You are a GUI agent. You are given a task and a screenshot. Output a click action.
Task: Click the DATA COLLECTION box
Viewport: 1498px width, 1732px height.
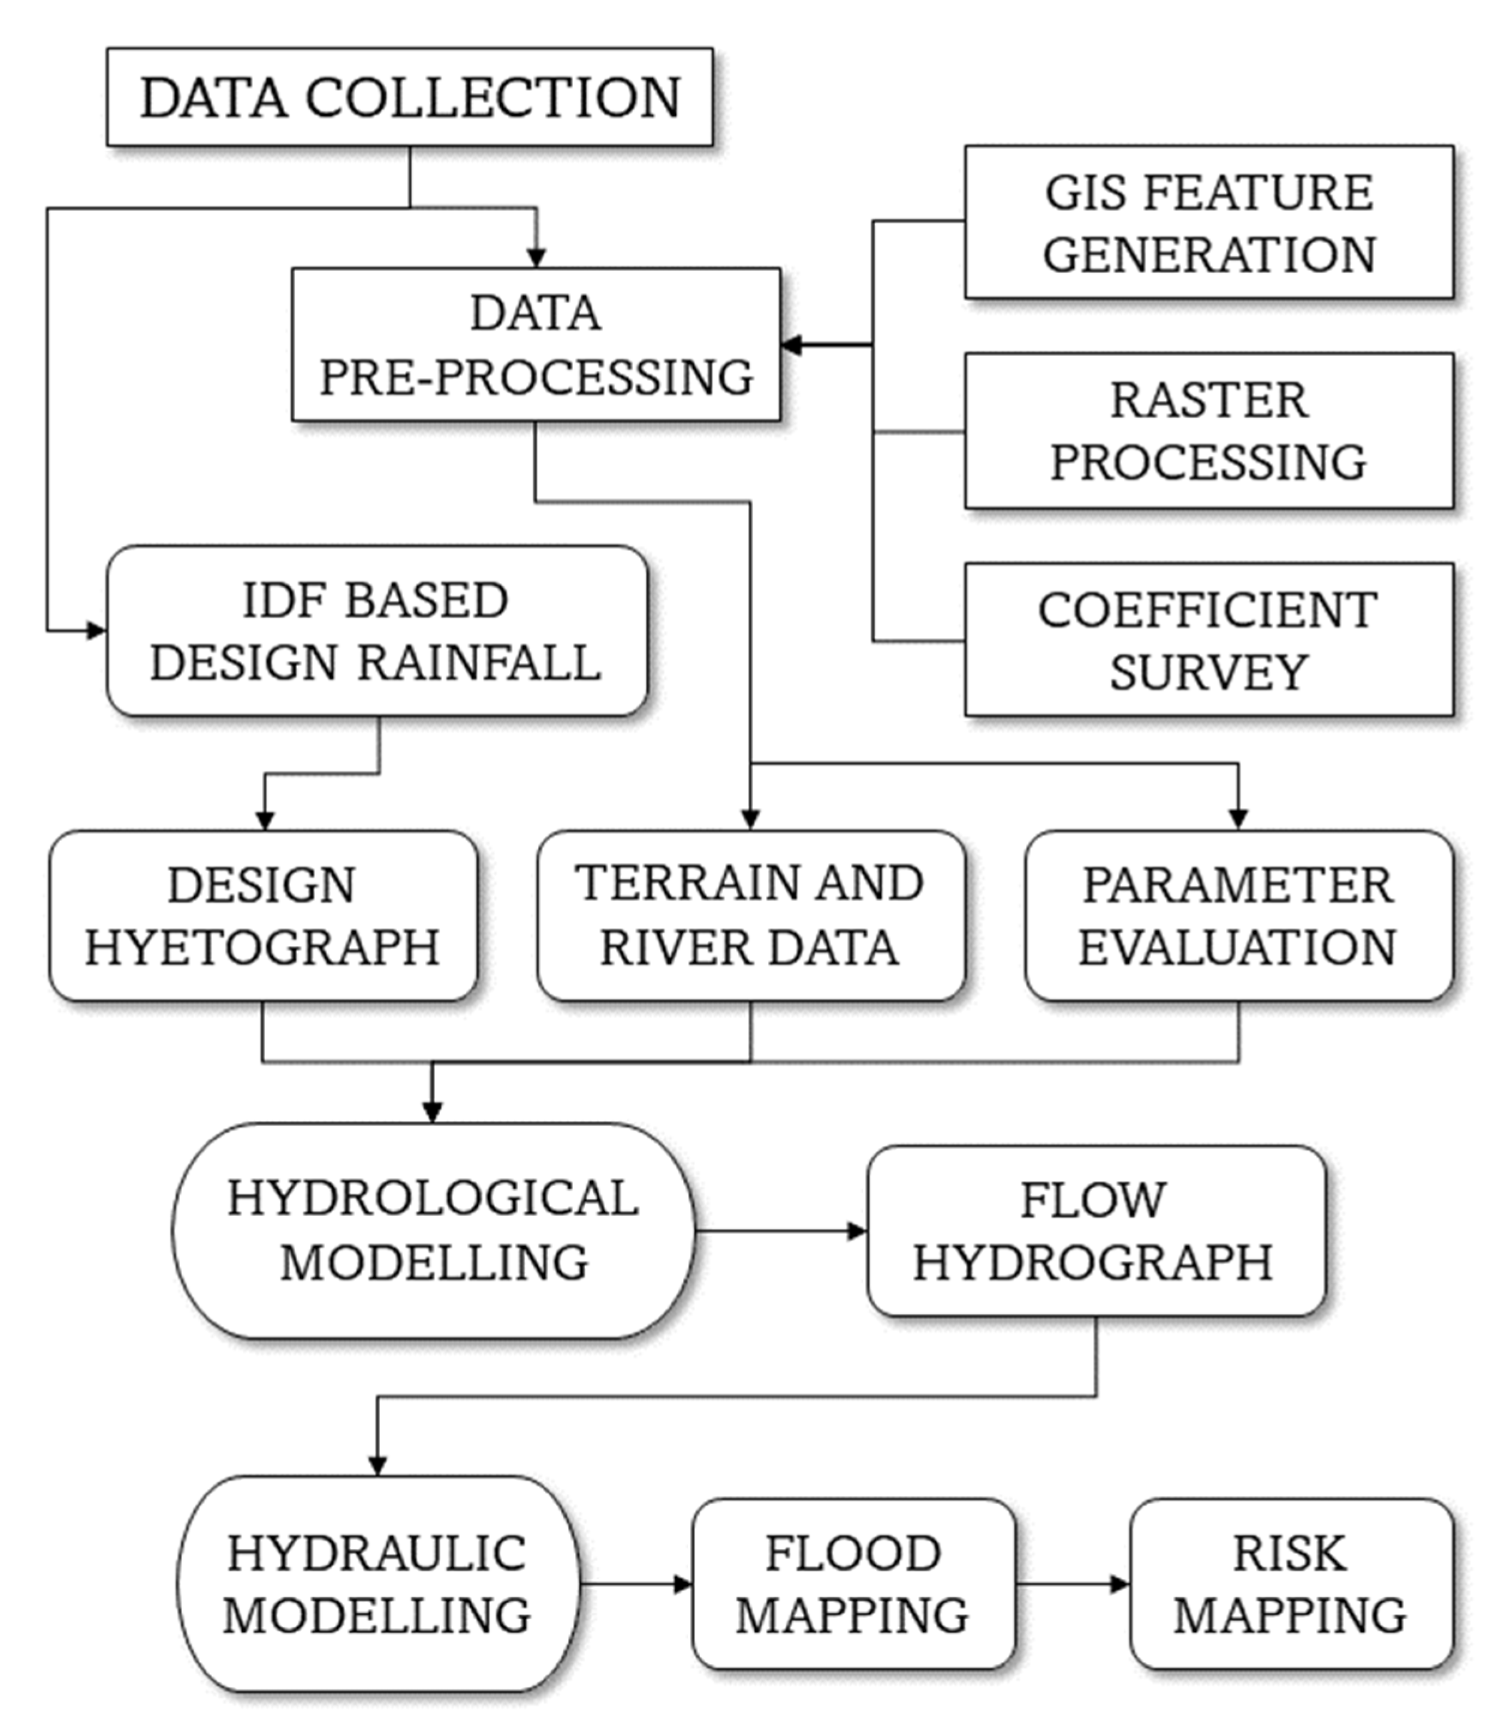click(410, 97)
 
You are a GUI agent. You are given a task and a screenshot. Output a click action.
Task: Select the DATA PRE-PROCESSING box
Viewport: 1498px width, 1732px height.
click(536, 344)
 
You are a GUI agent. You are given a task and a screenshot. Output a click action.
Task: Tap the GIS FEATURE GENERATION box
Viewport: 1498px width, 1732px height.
click(1209, 222)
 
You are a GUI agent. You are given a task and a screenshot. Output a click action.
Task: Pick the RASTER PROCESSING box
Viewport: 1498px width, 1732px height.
click(1209, 431)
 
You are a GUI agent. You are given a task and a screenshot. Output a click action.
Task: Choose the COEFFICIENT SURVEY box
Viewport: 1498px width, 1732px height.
click(1209, 639)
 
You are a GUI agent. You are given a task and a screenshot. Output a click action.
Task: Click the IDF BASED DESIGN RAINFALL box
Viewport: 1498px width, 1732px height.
click(376, 631)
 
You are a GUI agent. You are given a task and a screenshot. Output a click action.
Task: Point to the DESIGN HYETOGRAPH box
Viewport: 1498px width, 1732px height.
click(262, 915)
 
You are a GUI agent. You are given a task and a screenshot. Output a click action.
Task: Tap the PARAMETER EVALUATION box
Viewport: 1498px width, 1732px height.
click(1238, 915)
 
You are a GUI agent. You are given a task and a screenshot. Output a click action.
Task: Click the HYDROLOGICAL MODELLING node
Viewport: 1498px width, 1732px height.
click(433, 1231)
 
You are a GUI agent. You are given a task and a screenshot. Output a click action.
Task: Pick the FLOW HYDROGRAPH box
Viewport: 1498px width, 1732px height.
click(1095, 1231)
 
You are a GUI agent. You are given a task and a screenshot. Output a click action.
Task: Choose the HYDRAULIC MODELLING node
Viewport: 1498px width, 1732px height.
click(377, 1584)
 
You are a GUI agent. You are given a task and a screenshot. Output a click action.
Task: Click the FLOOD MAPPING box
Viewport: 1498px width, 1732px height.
click(853, 1584)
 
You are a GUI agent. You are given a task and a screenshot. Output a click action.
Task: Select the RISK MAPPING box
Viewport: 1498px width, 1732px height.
click(1291, 1584)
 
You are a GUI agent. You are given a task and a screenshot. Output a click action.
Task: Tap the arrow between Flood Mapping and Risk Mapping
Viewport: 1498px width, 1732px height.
click(1073, 1584)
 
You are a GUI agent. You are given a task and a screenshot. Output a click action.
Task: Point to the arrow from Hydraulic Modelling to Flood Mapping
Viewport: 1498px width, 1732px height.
click(635, 1584)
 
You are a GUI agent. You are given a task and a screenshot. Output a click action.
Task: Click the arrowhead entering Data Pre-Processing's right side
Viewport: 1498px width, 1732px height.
click(791, 344)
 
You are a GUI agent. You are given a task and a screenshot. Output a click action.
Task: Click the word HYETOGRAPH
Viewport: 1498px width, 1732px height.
click(262, 947)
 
